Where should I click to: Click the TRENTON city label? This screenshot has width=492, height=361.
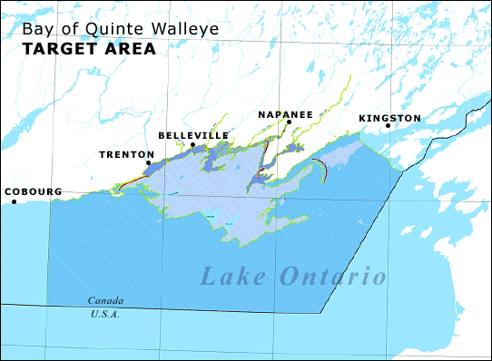[x=126, y=154]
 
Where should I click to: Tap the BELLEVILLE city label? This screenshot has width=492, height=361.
[x=193, y=135]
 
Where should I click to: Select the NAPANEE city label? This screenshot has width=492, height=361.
[x=284, y=113]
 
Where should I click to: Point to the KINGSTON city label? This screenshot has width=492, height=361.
[x=389, y=118]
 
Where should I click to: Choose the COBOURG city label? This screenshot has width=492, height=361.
[x=33, y=191]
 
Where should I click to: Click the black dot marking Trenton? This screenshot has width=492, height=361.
[x=149, y=163]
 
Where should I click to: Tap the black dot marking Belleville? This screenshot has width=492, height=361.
[x=192, y=144]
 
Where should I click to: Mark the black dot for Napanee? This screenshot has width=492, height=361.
[x=289, y=122]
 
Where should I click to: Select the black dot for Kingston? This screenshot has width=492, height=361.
[x=388, y=126]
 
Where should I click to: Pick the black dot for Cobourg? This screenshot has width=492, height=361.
[x=15, y=201]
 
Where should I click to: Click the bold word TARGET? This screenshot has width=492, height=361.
[x=61, y=49]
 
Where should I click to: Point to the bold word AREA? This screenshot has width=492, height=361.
[x=131, y=49]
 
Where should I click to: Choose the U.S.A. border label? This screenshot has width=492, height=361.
[x=104, y=314]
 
